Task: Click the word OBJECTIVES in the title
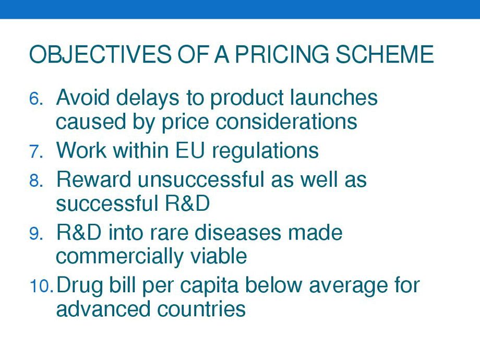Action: coord(100,54)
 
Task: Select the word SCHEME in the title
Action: coord(384,54)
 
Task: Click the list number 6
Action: coord(36,99)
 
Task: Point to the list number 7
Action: coord(36,151)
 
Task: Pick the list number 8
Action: coord(36,181)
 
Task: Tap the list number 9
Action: coord(36,234)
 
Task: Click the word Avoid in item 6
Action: coord(82,98)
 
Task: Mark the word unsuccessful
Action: coord(201,179)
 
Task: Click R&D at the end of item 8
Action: coord(187,203)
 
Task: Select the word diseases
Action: coord(237,232)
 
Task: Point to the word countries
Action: coord(201,309)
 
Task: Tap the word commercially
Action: coord(119,257)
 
